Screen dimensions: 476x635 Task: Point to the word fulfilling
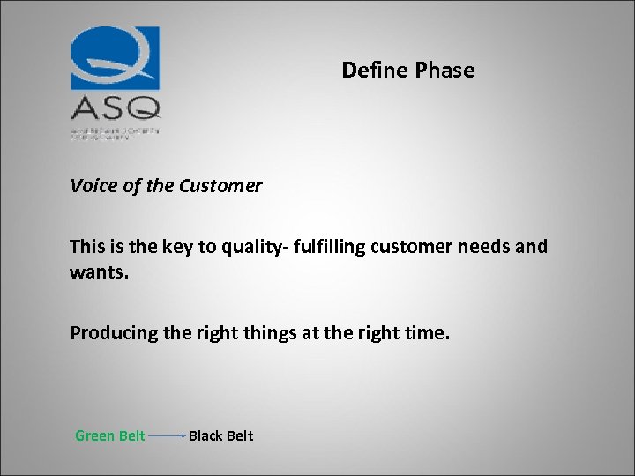click(x=334, y=247)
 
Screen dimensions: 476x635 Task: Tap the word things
click(x=260, y=333)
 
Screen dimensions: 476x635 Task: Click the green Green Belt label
click(x=110, y=435)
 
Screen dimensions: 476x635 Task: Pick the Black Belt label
click(x=220, y=435)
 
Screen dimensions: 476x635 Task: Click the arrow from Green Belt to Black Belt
click(x=167, y=435)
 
